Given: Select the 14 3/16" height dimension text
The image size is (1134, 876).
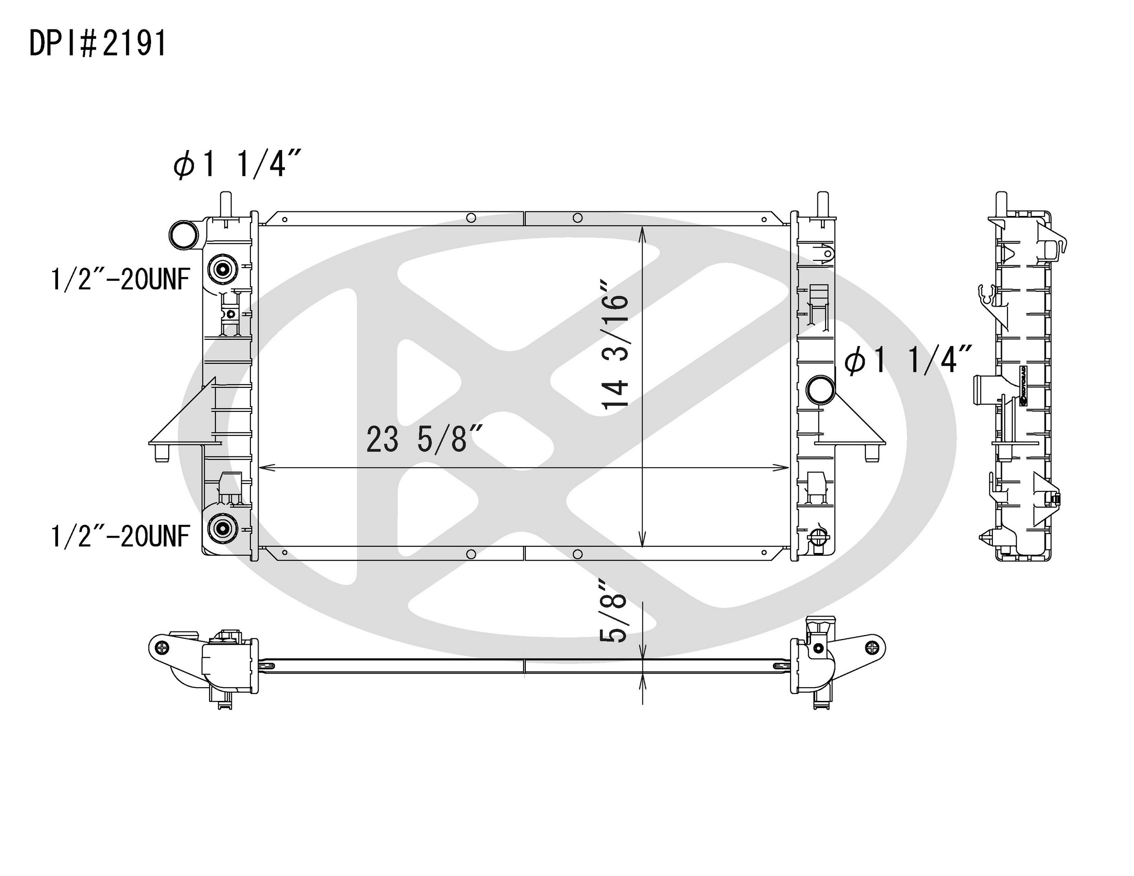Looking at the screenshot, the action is [615, 345].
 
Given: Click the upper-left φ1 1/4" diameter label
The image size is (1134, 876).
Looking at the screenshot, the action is [237, 164].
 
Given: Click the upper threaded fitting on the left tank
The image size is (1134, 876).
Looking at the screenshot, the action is [223, 269].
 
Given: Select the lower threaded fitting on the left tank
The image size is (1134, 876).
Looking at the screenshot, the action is [223, 528].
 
